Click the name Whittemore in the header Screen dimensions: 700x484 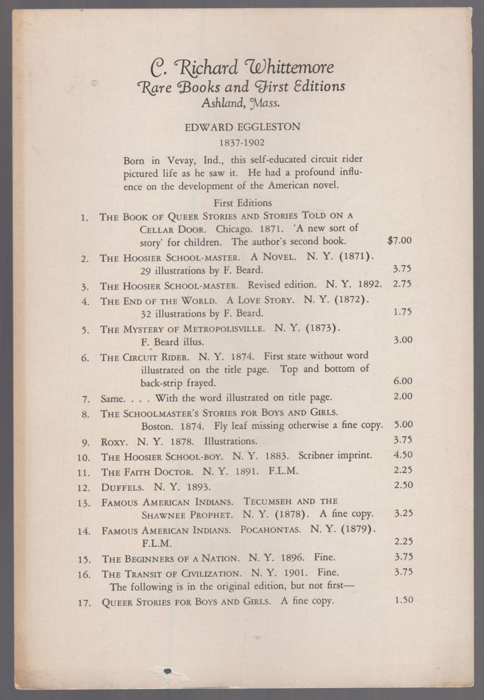[x=292, y=68]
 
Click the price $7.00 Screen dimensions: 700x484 [x=400, y=240]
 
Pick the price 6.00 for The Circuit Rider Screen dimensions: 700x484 [x=403, y=381]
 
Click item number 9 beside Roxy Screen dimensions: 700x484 [x=87, y=441]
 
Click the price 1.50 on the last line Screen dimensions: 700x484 [x=404, y=600]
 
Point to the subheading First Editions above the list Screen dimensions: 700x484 [x=243, y=202]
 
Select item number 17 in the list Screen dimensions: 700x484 [x=84, y=602]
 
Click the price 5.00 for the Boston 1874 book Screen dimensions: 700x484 [x=402, y=425]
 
